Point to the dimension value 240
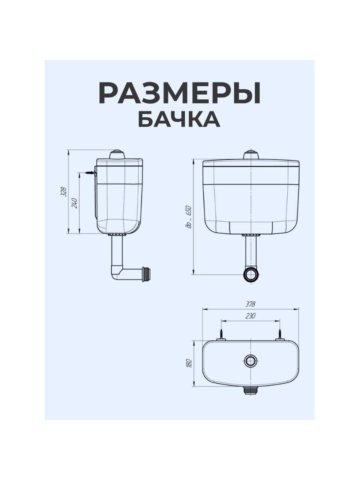(75, 203)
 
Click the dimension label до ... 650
(189, 217)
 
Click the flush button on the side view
(117, 154)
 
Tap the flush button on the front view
(251, 155)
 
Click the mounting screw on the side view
(91, 173)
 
